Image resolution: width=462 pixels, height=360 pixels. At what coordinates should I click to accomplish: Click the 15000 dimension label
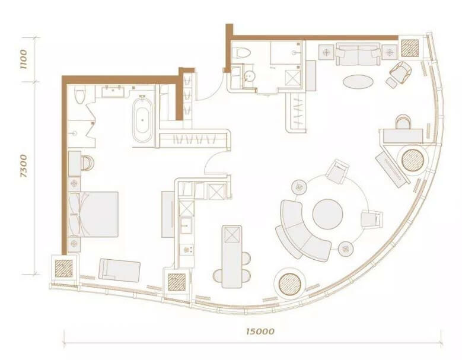[260, 332]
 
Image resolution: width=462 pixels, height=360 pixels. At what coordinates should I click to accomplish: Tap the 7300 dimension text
[23, 166]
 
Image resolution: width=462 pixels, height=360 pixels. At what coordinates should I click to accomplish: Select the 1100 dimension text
[23, 59]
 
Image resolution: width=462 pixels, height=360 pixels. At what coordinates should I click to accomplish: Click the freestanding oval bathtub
[142, 120]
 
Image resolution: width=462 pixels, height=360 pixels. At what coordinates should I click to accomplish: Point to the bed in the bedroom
[93, 214]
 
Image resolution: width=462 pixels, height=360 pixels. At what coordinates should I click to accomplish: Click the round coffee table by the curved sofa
[327, 214]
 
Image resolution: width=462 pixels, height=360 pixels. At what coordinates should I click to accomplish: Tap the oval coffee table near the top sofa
[358, 81]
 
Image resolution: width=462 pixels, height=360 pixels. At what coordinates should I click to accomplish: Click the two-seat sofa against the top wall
[358, 54]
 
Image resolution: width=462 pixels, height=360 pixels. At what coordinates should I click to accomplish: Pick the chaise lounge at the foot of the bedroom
[119, 270]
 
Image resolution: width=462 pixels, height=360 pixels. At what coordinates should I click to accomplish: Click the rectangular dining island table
[232, 257]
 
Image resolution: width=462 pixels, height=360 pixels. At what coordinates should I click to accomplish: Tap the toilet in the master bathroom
[79, 94]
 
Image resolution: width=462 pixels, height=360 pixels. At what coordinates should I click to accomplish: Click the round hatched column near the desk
[413, 161]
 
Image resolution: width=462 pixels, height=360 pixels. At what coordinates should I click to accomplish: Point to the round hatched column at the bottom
[289, 284]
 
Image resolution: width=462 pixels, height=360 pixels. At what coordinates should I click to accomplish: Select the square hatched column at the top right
[410, 48]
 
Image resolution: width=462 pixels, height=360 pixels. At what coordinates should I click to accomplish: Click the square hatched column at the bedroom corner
[63, 269]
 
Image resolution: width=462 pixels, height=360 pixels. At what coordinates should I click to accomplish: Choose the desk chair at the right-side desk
[403, 122]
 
